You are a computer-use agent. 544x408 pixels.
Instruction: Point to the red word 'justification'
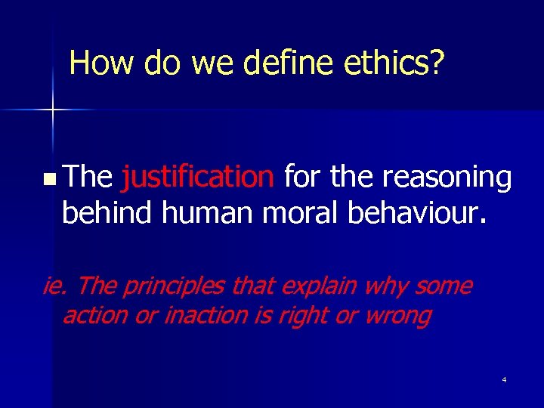pyautogui.click(x=198, y=178)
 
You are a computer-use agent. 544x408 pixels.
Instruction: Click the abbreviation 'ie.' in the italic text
pyautogui.click(x=57, y=286)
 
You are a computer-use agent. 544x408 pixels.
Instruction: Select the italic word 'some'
pyautogui.click(x=443, y=286)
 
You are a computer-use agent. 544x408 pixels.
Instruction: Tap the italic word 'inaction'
pyautogui.click(x=206, y=315)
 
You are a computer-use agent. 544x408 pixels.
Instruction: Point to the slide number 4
pyautogui.click(x=504, y=379)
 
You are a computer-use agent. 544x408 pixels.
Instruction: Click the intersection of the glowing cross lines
pyautogui.click(x=52, y=110)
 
